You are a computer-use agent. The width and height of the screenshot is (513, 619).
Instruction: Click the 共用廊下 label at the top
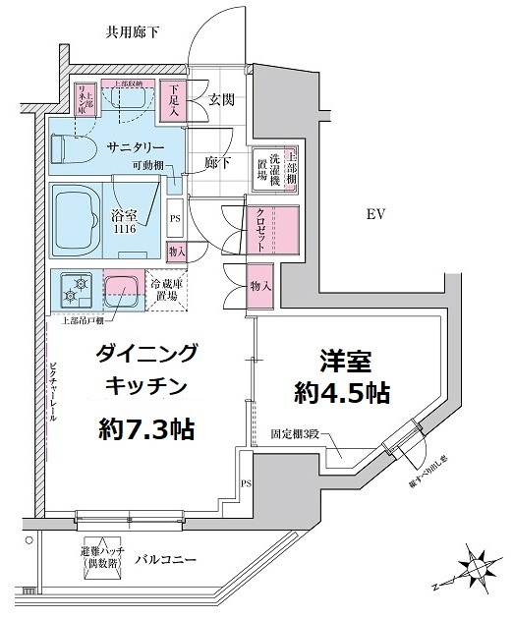click(x=133, y=32)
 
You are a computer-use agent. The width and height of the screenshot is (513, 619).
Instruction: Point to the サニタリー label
click(x=137, y=145)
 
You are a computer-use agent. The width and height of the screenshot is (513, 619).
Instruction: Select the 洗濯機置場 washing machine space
click(x=264, y=168)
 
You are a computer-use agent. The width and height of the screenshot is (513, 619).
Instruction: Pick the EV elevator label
click(x=376, y=214)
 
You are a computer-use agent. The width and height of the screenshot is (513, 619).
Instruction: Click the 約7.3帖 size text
click(x=145, y=428)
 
